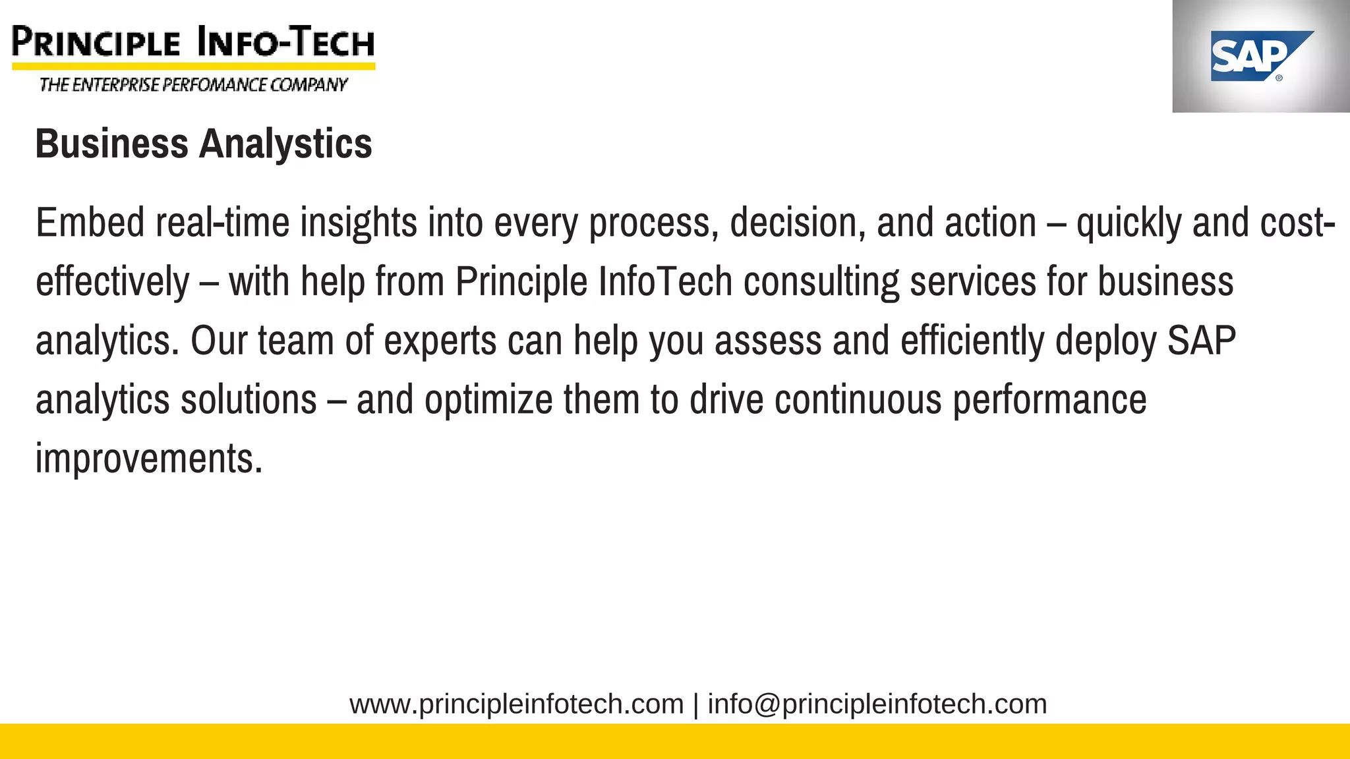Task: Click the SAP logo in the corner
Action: click(1260, 57)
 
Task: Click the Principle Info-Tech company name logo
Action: click(193, 42)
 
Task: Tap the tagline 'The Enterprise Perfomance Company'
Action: click(193, 85)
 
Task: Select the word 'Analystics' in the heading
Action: click(285, 144)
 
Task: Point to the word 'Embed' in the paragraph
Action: click(90, 223)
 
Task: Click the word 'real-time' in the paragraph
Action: click(222, 223)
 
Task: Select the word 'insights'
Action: click(359, 223)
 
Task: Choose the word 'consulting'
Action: click(821, 282)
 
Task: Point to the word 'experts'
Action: click(440, 341)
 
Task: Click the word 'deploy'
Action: click(1105, 341)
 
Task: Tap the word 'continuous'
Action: click(858, 400)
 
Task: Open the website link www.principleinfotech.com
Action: click(516, 704)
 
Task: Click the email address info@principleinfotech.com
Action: click(877, 704)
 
